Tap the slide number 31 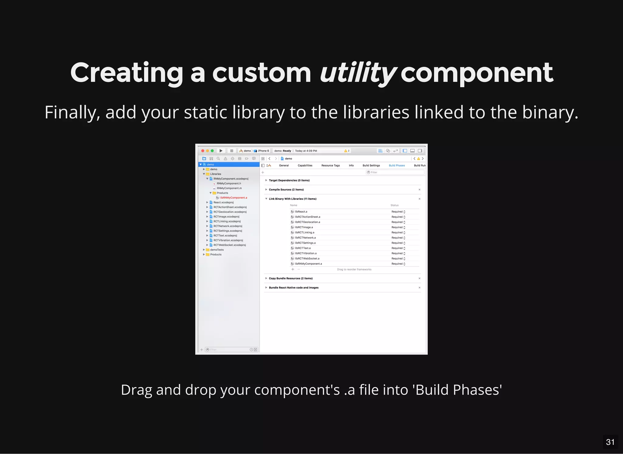pyautogui.click(x=610, y=442)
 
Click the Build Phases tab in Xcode pyautogui.click(x=397, y=166)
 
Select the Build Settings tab pyautogui.click(x=371, y=166)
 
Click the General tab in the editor pyautogui.click(x=284, y=166)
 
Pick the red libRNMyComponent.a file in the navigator pyautogui.click(x=233, y=198)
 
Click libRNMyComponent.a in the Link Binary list pyautogui.click(x=308, y=264)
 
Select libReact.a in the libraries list pyautogui.click(x=301, y=212)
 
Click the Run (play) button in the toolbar pyautogui.click(x=221, y=151)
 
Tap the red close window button pyautogui.click(x=203, y=151)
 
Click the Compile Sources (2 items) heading pyautogui.click(x=286, y=190)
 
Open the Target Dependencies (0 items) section pyautogui.click(x=289, y=181)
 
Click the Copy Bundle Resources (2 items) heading pyautogui.click(x=291, y=278)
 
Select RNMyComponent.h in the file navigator pyautogui.click(x=229, y=184)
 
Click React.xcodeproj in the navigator pyautogui.click(x=223, y=202)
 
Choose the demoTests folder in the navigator pyautogui.click(x=217, y=250)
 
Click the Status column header pyautogui.click(x=394, y=205)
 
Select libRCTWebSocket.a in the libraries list pyautogui.click(x=307, y=259)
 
